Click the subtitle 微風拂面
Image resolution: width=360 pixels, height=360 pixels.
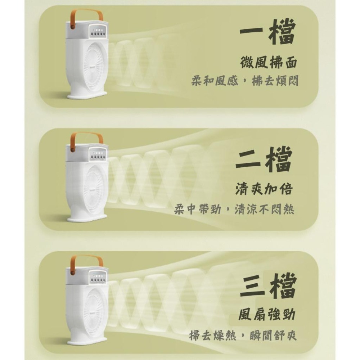[269, 63]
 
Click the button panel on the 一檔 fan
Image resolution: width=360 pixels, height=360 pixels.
[97, 34]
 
